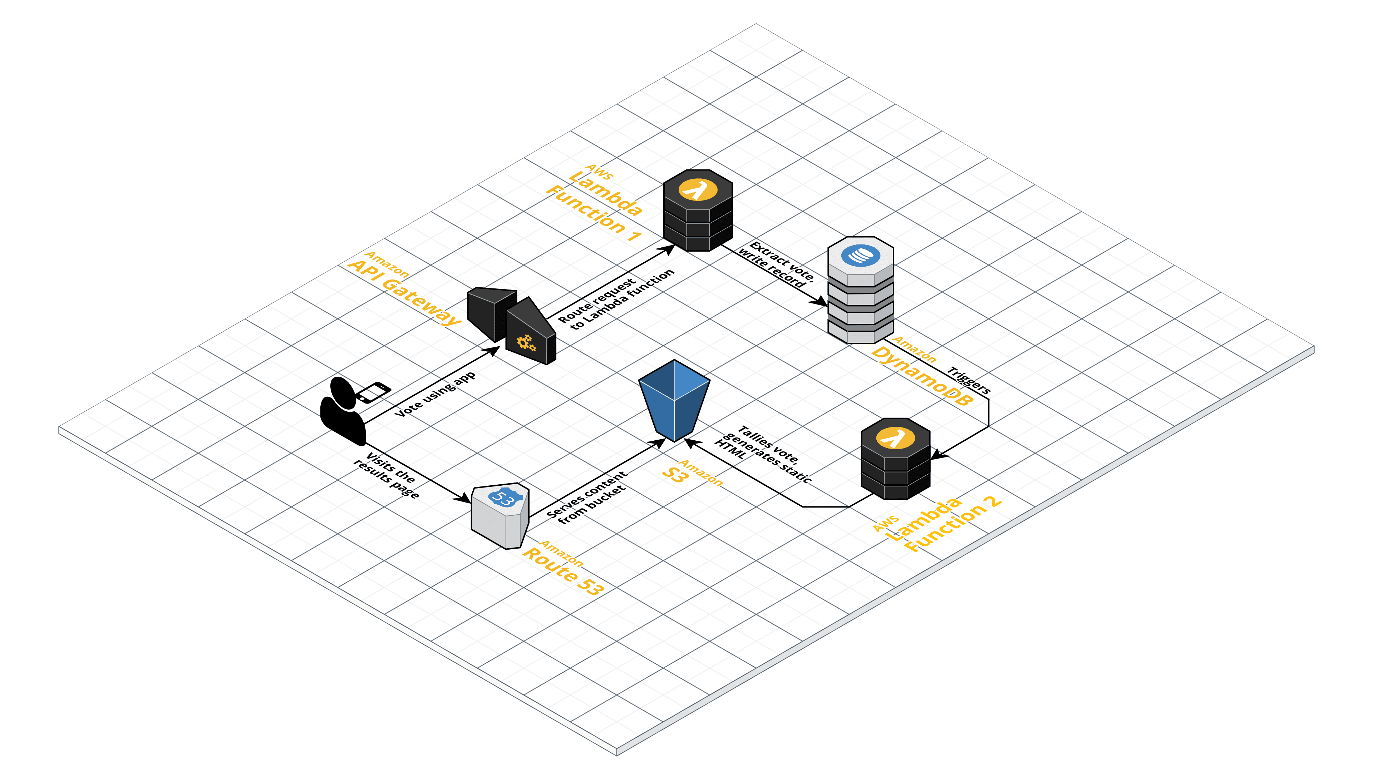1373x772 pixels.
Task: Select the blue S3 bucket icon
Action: pyautogui.click(x=674, y=400)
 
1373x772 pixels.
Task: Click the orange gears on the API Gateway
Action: pyautogui.click(x=526, y=343)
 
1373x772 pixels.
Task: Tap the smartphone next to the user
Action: pyautogui.click(x=373, y=392)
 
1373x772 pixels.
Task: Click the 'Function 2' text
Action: pyautogui.click(x=954, y=525)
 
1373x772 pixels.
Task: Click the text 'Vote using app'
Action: pyautogui.click(x=435, y=394)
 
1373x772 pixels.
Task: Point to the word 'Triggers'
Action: pyautogui.click(x=969, y=380)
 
